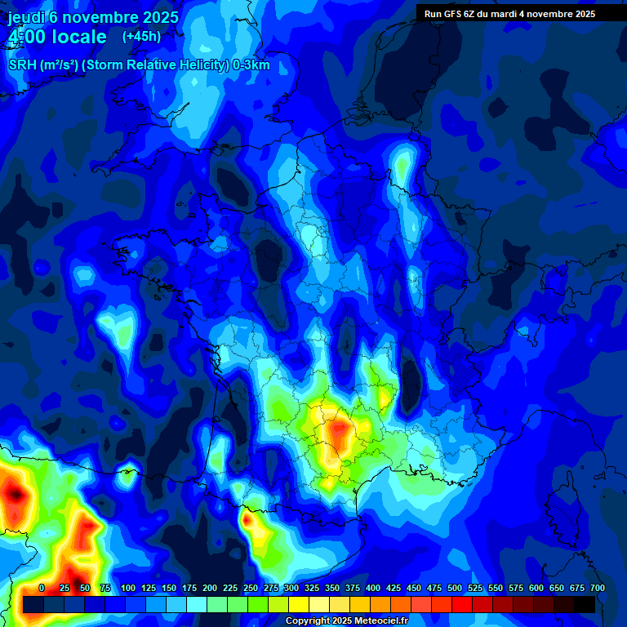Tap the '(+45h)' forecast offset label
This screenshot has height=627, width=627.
141,36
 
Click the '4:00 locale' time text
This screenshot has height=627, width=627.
56,37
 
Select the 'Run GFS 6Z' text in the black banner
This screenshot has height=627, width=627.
454,14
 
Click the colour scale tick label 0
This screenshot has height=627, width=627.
42,588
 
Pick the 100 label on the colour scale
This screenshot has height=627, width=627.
128,588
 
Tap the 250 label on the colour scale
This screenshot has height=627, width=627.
251,588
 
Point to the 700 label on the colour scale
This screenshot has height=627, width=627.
597,588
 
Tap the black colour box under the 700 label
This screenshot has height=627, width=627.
585,604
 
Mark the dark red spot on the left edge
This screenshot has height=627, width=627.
13,492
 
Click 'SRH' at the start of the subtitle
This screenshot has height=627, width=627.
23,65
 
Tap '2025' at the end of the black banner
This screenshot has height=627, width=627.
582,14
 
